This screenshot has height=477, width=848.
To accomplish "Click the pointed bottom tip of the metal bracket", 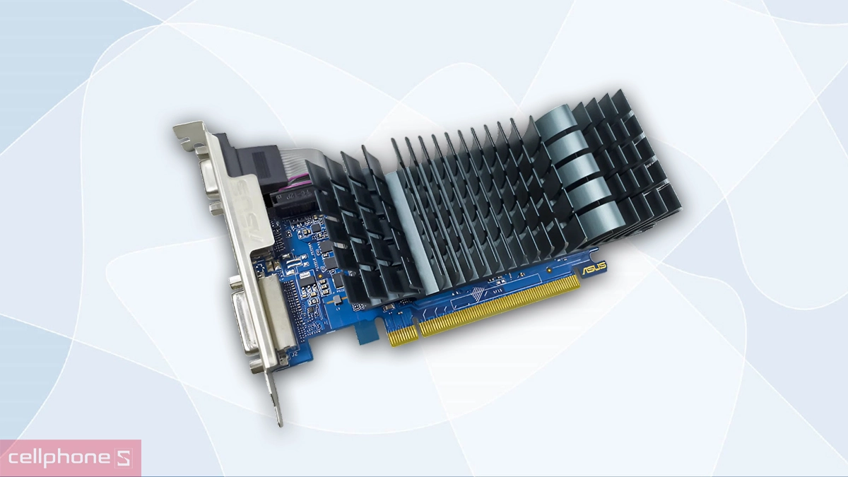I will (x=278, y=421).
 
